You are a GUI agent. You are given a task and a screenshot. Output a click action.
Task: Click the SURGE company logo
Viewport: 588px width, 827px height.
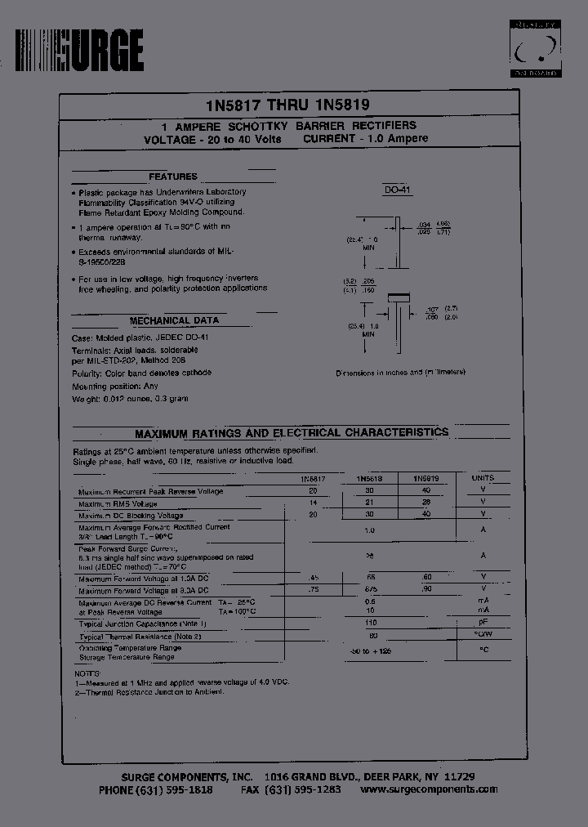click(x=79, y=51)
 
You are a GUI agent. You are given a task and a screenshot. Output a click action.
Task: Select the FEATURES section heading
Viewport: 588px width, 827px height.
click(x=172, y=177)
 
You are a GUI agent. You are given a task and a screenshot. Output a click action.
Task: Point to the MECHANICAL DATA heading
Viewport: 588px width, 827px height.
click(x=174, y=321)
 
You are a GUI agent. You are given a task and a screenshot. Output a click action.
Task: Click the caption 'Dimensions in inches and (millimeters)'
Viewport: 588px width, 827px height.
click(x=400, y=373)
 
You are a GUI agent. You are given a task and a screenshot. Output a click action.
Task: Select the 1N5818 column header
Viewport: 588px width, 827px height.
click(x=369, y=479)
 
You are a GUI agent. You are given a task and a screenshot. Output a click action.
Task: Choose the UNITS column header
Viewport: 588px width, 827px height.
click(x=483, y=478)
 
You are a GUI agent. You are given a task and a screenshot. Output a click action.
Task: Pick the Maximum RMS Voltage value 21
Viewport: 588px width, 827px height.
click(x=370, y=502)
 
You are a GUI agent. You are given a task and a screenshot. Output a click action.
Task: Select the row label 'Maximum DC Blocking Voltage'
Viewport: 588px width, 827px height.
click(x=131, y=516)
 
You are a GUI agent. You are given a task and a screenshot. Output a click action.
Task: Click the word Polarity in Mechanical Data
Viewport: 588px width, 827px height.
click(x=87, y=373)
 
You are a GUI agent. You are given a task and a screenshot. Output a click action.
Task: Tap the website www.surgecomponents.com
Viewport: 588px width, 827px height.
click(x=429, y=789)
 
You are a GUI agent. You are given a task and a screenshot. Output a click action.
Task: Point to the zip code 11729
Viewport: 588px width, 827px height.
click(x=459, y=776)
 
